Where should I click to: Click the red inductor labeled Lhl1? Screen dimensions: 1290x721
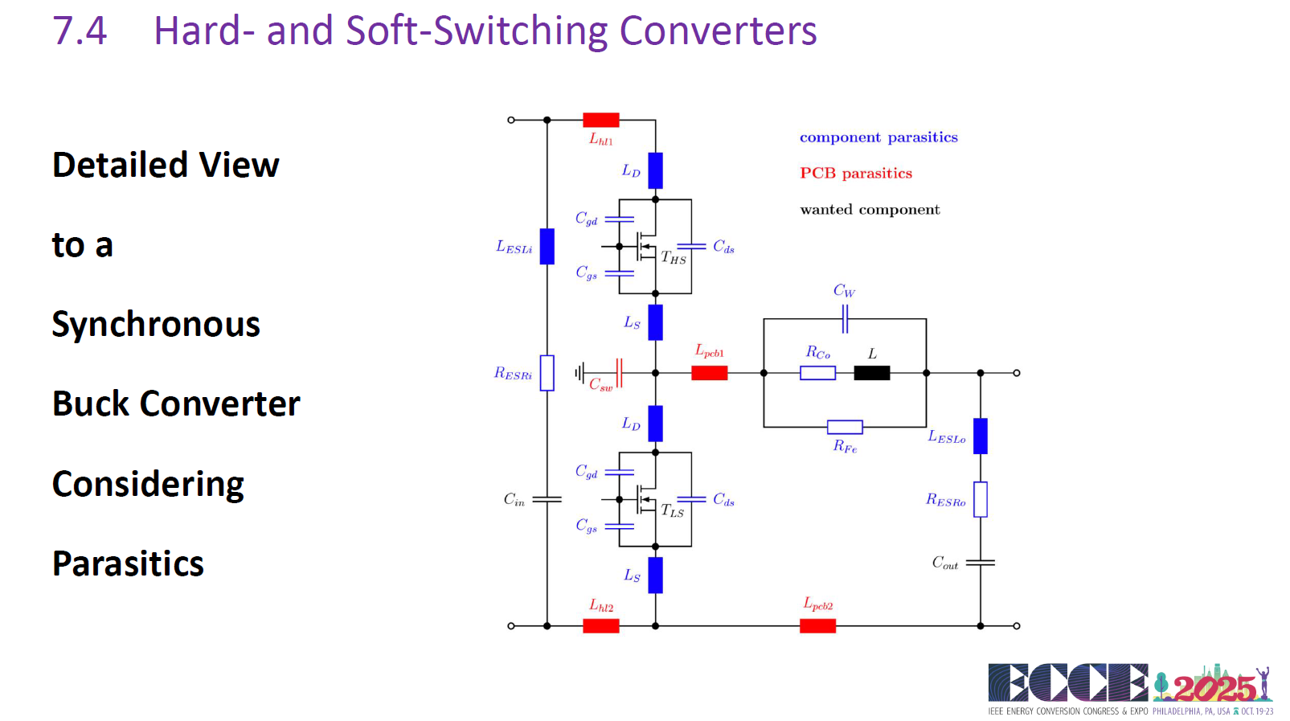(x=600, y=120)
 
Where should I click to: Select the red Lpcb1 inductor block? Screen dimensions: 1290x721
(x=709, y=373)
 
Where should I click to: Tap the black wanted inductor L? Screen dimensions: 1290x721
(x=872, y=373)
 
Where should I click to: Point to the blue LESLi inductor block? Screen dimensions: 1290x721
(x=547, y=247)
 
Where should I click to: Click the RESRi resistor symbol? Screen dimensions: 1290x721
(x=547, y=373)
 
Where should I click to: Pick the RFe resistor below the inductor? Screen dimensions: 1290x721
(x=845, y=428)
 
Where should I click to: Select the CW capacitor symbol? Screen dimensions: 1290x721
(x=845, y=319)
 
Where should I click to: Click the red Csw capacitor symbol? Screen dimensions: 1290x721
(x=620, y=373)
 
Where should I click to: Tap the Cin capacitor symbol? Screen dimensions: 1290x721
(x=547, y=499)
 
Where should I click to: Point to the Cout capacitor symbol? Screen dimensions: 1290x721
(x=981, y=563)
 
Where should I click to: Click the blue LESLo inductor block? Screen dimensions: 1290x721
(x=981, y=436)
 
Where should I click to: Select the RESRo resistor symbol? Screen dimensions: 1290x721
(x=981, y=499)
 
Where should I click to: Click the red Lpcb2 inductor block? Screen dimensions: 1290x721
(x=817, y=626)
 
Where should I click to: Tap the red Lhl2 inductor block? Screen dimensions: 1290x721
(x=600, y=626)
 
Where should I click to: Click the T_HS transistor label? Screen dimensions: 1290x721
(x=674, y=257)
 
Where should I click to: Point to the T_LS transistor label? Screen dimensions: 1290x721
(x=672, y=510)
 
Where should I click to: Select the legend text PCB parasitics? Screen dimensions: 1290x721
(x=856, y=174)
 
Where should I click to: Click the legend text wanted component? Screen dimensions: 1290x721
(x=870, y=210)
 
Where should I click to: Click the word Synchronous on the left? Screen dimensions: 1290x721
(x=156, y=325)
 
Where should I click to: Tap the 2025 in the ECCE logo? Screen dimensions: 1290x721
(x=1214, y=688)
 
